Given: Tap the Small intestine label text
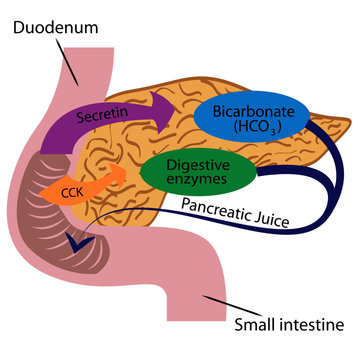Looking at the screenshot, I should point(289,325).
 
